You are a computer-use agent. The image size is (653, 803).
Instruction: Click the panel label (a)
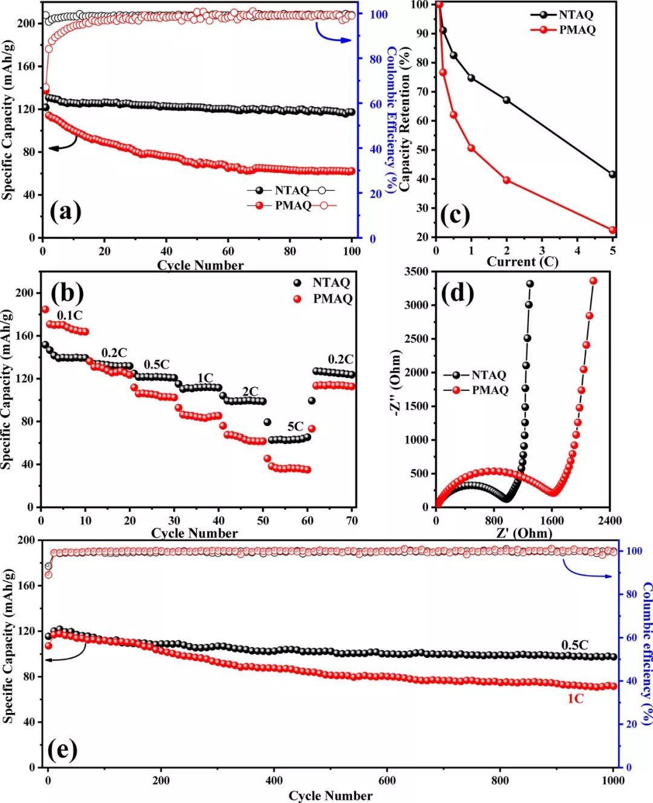click(x=65, y=212)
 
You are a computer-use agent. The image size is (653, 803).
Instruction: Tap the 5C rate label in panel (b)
click(x=294, y=427)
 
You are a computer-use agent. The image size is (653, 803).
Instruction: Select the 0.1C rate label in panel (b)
click(x=70, y=315)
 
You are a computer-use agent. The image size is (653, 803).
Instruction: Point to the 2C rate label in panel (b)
click(x=250, y=391)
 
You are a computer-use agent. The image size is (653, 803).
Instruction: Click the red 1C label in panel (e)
click(x=575, y=699)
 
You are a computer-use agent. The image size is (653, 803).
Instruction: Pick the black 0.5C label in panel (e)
click(x=574, y=645)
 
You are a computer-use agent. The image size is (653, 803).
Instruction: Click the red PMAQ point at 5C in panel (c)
click(x=612, y=230)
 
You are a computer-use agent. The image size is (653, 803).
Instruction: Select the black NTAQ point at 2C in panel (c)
click(x=507, y=100)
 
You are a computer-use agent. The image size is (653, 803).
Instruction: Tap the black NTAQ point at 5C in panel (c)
click(x=612, y=174)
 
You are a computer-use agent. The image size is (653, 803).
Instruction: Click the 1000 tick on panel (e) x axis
click(x=613, y=780)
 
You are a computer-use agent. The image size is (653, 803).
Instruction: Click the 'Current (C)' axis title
click(x=522, y=262)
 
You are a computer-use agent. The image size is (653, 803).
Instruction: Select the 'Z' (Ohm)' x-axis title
click(x=524, y=533)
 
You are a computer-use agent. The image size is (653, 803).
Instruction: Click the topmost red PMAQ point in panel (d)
click(x=593, y=281)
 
